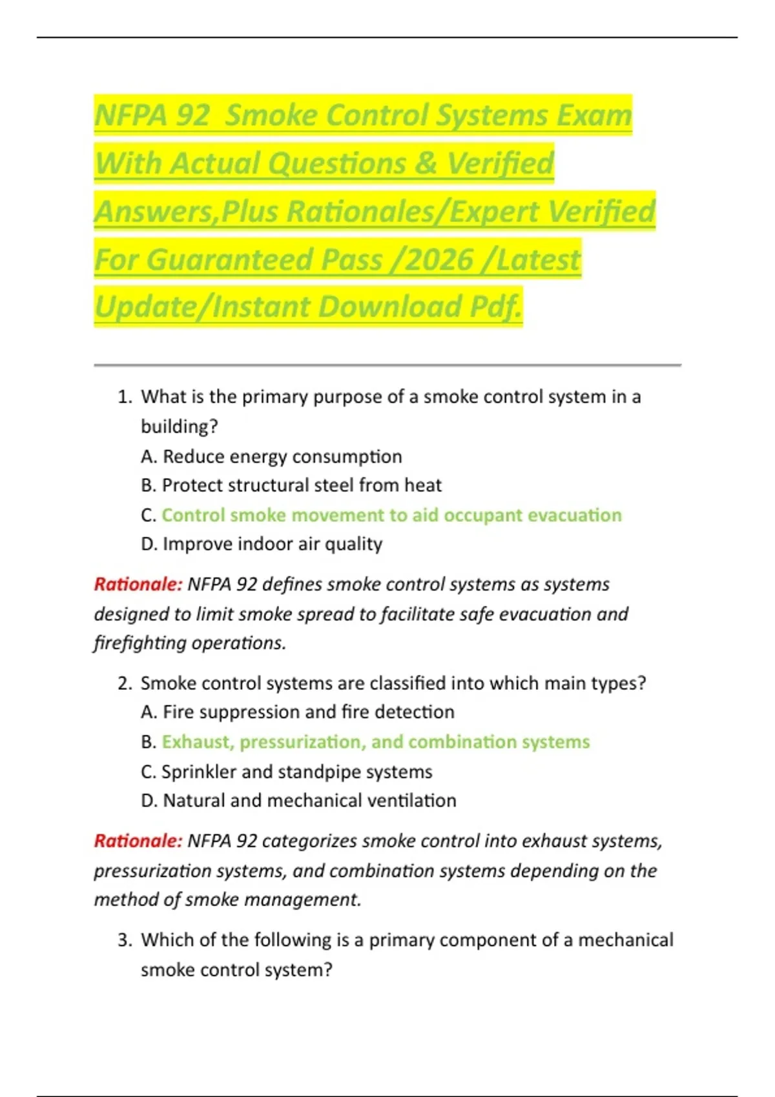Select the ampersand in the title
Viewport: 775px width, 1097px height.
point(426,163)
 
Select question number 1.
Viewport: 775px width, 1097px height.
point(125,397)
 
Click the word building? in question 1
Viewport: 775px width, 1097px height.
point(180,427)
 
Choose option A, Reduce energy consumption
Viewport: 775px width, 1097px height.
point(271,457)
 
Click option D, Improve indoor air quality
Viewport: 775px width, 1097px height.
point(262,544)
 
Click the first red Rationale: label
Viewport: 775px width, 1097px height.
point(138,585)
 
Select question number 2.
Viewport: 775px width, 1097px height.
point(125,683)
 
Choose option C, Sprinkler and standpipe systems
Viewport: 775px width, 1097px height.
point(287,772)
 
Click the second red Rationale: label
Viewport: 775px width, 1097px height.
point(138,841)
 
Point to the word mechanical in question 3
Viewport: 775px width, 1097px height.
point(625,940)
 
